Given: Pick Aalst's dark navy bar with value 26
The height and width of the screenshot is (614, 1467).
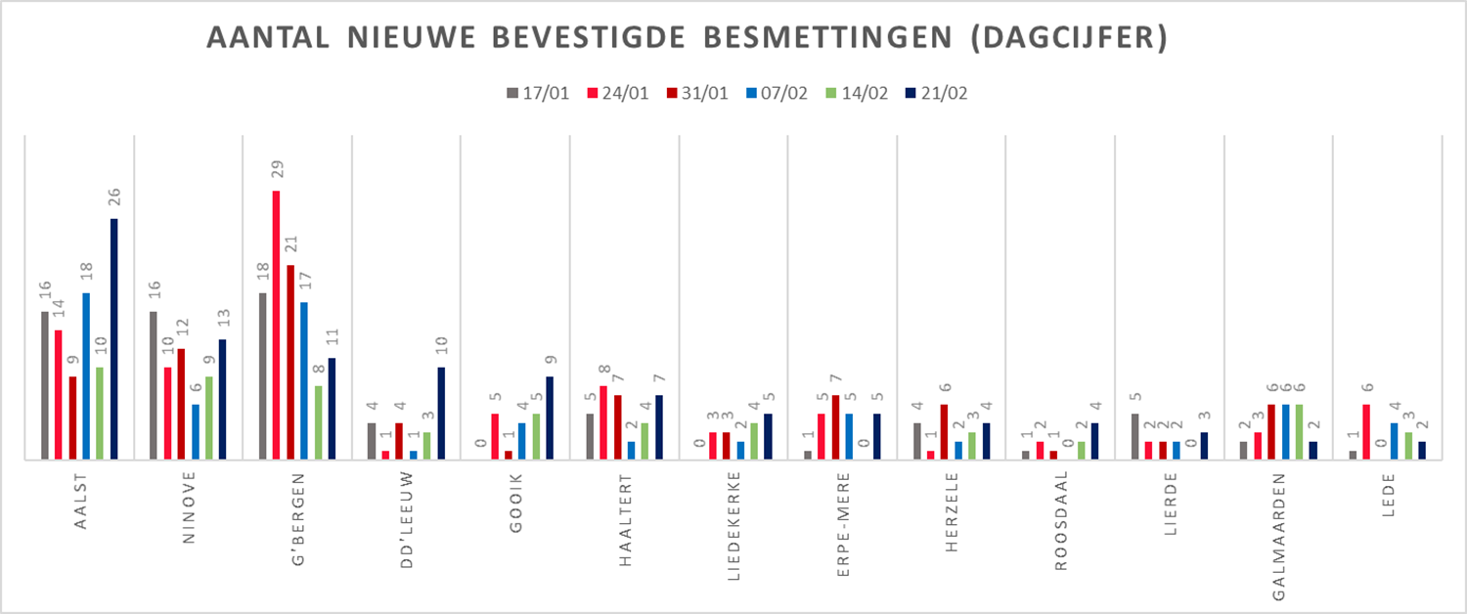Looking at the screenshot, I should click(114, 338).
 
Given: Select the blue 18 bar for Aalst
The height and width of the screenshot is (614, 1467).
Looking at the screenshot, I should click(86, 375).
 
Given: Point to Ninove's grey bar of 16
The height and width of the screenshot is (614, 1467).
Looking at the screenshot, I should click(154, 385).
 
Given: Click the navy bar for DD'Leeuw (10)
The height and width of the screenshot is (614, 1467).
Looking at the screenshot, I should click(441, 413).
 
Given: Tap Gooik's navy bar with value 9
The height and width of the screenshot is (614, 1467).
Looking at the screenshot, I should click(551, 417).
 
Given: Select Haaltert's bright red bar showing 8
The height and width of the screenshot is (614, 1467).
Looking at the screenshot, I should click(604, 422).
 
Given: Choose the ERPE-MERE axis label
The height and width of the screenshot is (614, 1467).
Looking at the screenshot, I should click(843, 512).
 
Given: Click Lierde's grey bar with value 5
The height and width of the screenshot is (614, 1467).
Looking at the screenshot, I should click(1134, 436).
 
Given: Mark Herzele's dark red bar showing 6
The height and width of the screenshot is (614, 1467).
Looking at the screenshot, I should click(946, 431).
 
